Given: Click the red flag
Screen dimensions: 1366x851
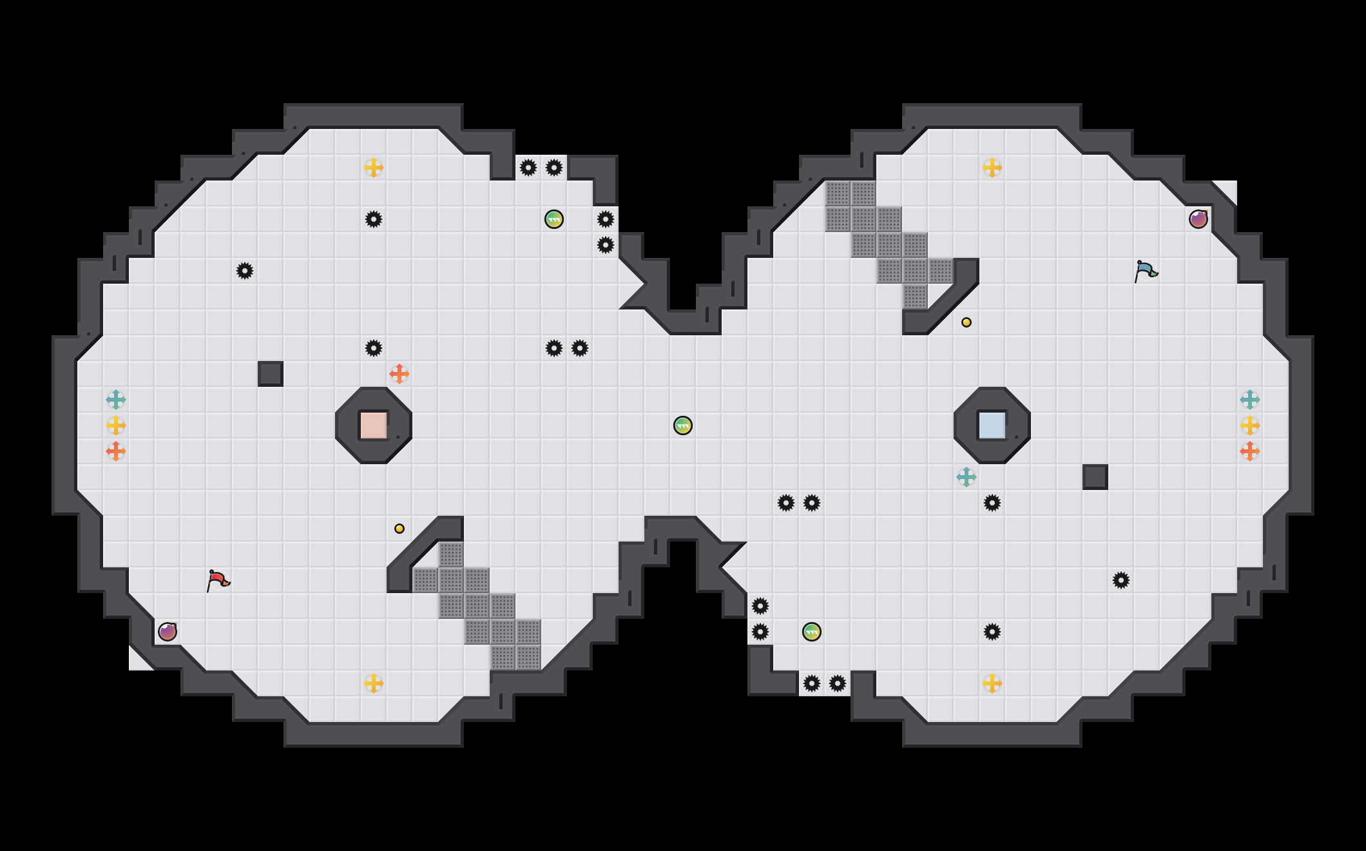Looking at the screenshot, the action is tap(218, 580).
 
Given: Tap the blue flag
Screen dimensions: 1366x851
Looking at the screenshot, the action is tap(1146, 270).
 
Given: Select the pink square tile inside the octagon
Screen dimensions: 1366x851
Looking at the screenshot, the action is tap(373, 425).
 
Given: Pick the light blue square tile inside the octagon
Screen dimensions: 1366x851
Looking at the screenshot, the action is tap(992, 425).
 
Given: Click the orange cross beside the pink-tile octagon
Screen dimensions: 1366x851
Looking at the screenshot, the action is tap(399, 374).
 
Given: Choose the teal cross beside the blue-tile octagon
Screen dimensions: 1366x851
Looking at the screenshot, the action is tap(967, 477).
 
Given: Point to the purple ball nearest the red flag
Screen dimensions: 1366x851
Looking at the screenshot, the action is tap(168, 632).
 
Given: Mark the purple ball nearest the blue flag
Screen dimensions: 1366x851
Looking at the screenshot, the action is tap(1198, 219).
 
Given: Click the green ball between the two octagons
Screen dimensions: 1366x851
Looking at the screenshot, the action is tap(683, 425).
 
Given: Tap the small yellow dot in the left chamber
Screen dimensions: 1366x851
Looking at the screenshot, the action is tap(399, 529).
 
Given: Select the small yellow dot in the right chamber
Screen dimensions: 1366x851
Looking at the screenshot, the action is tap(967, 322).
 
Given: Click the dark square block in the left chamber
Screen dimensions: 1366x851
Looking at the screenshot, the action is tap(271, 374).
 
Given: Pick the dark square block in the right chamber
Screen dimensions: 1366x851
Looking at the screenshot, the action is tap(1095, 477).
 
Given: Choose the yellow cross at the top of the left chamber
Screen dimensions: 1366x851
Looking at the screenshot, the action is tap(374, 168).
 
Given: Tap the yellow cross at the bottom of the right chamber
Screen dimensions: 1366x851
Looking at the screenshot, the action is tap(992, 683).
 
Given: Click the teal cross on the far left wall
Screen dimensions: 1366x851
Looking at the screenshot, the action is tap(116, 400).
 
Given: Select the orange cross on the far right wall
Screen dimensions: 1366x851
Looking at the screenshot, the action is tap(1250, 451).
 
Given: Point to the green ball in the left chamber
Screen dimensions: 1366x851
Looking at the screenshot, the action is tap(554, 219).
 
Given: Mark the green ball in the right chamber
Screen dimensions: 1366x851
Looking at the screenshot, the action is tap(812, 632).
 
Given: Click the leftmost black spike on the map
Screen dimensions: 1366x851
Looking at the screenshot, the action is tap(245, 271).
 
